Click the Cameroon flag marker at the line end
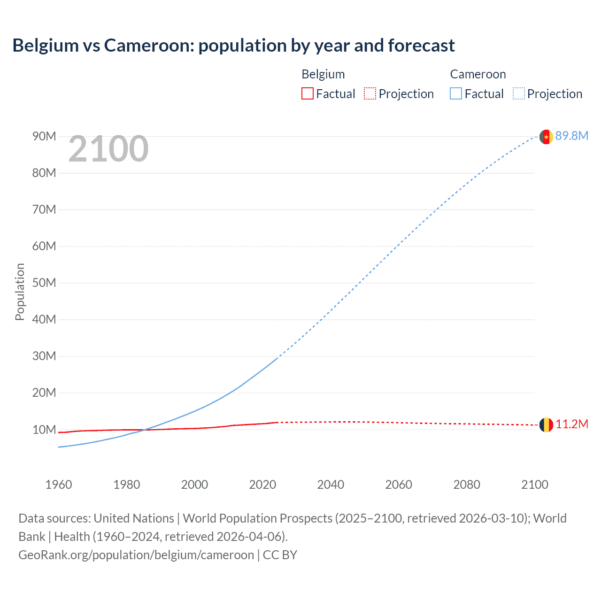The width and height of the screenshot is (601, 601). (546, 137)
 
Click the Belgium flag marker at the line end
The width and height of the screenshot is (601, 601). (546, 424)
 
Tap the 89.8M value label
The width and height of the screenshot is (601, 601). (571, 136)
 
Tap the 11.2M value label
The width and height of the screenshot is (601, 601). (571, 424)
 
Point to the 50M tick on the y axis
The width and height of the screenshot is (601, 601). (44, 283)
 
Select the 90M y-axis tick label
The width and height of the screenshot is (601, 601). (44, 136)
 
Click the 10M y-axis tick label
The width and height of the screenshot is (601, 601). (44, 430)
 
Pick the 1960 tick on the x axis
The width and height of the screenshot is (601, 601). (59, 485)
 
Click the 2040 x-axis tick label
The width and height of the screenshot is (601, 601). (331, 485)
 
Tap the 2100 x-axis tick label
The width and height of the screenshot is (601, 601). (534, 485)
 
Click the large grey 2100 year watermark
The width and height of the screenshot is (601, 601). (108, 149)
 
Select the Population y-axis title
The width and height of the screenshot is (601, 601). (20, 292)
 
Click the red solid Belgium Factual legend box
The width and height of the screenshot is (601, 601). (308, 93)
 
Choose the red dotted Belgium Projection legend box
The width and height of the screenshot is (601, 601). (370, 93)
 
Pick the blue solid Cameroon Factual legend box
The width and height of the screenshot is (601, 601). (456, 93)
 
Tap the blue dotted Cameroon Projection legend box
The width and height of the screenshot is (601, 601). (518, 93)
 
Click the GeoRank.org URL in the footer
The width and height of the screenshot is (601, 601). (136, 555)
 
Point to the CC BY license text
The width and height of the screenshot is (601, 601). (280, 555)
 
